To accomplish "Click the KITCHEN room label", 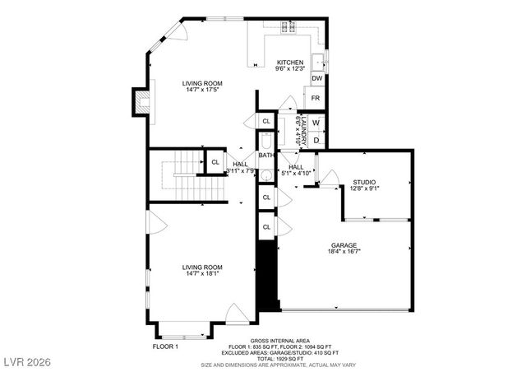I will [x=289, y=63].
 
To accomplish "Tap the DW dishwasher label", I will [x=316, y=78].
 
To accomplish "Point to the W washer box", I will [x=316, y=123].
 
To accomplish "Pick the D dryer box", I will [x=316, y=140].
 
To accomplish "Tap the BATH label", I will [x=266, y=155].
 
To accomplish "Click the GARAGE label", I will [x=344, y=245].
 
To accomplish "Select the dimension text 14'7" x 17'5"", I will [x=202, y=90].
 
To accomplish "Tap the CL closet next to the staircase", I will [x=215, y=162].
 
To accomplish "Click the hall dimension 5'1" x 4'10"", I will [x=296, y=173].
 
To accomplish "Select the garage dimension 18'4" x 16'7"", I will [x=344, y=252].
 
